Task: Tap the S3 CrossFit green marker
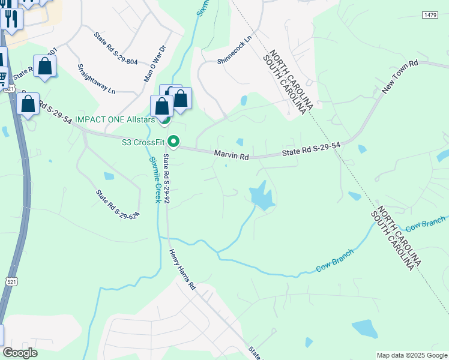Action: click(x=173, y=142)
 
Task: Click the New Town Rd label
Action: click(x=399, y=77)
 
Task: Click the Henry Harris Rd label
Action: click(x=182, y=270)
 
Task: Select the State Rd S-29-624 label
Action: click(x=118, y=204)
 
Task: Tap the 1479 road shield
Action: click(x=429, y=14)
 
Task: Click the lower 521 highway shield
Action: click(x=13, y=281)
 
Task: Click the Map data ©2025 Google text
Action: click(x=411, y=355)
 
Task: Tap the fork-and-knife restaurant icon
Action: click(x=11, y=19)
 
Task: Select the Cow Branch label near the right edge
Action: click(x=425, y=225)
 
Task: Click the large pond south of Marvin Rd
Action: click(x=261, y=196)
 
